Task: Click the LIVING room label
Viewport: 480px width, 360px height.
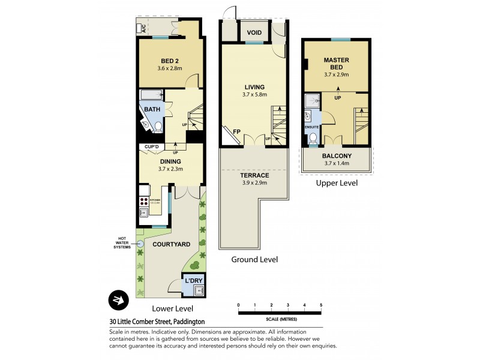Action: click(254, 88)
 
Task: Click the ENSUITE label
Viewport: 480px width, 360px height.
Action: click(311, 127)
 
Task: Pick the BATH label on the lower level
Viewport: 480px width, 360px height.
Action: click(152, 109)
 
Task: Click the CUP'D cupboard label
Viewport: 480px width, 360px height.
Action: click(151, 147)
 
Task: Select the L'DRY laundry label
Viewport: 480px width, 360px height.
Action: click(193, 281)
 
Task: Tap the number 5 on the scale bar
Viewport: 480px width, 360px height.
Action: click(321, 305)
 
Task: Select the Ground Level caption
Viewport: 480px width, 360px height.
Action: click(254, 260)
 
